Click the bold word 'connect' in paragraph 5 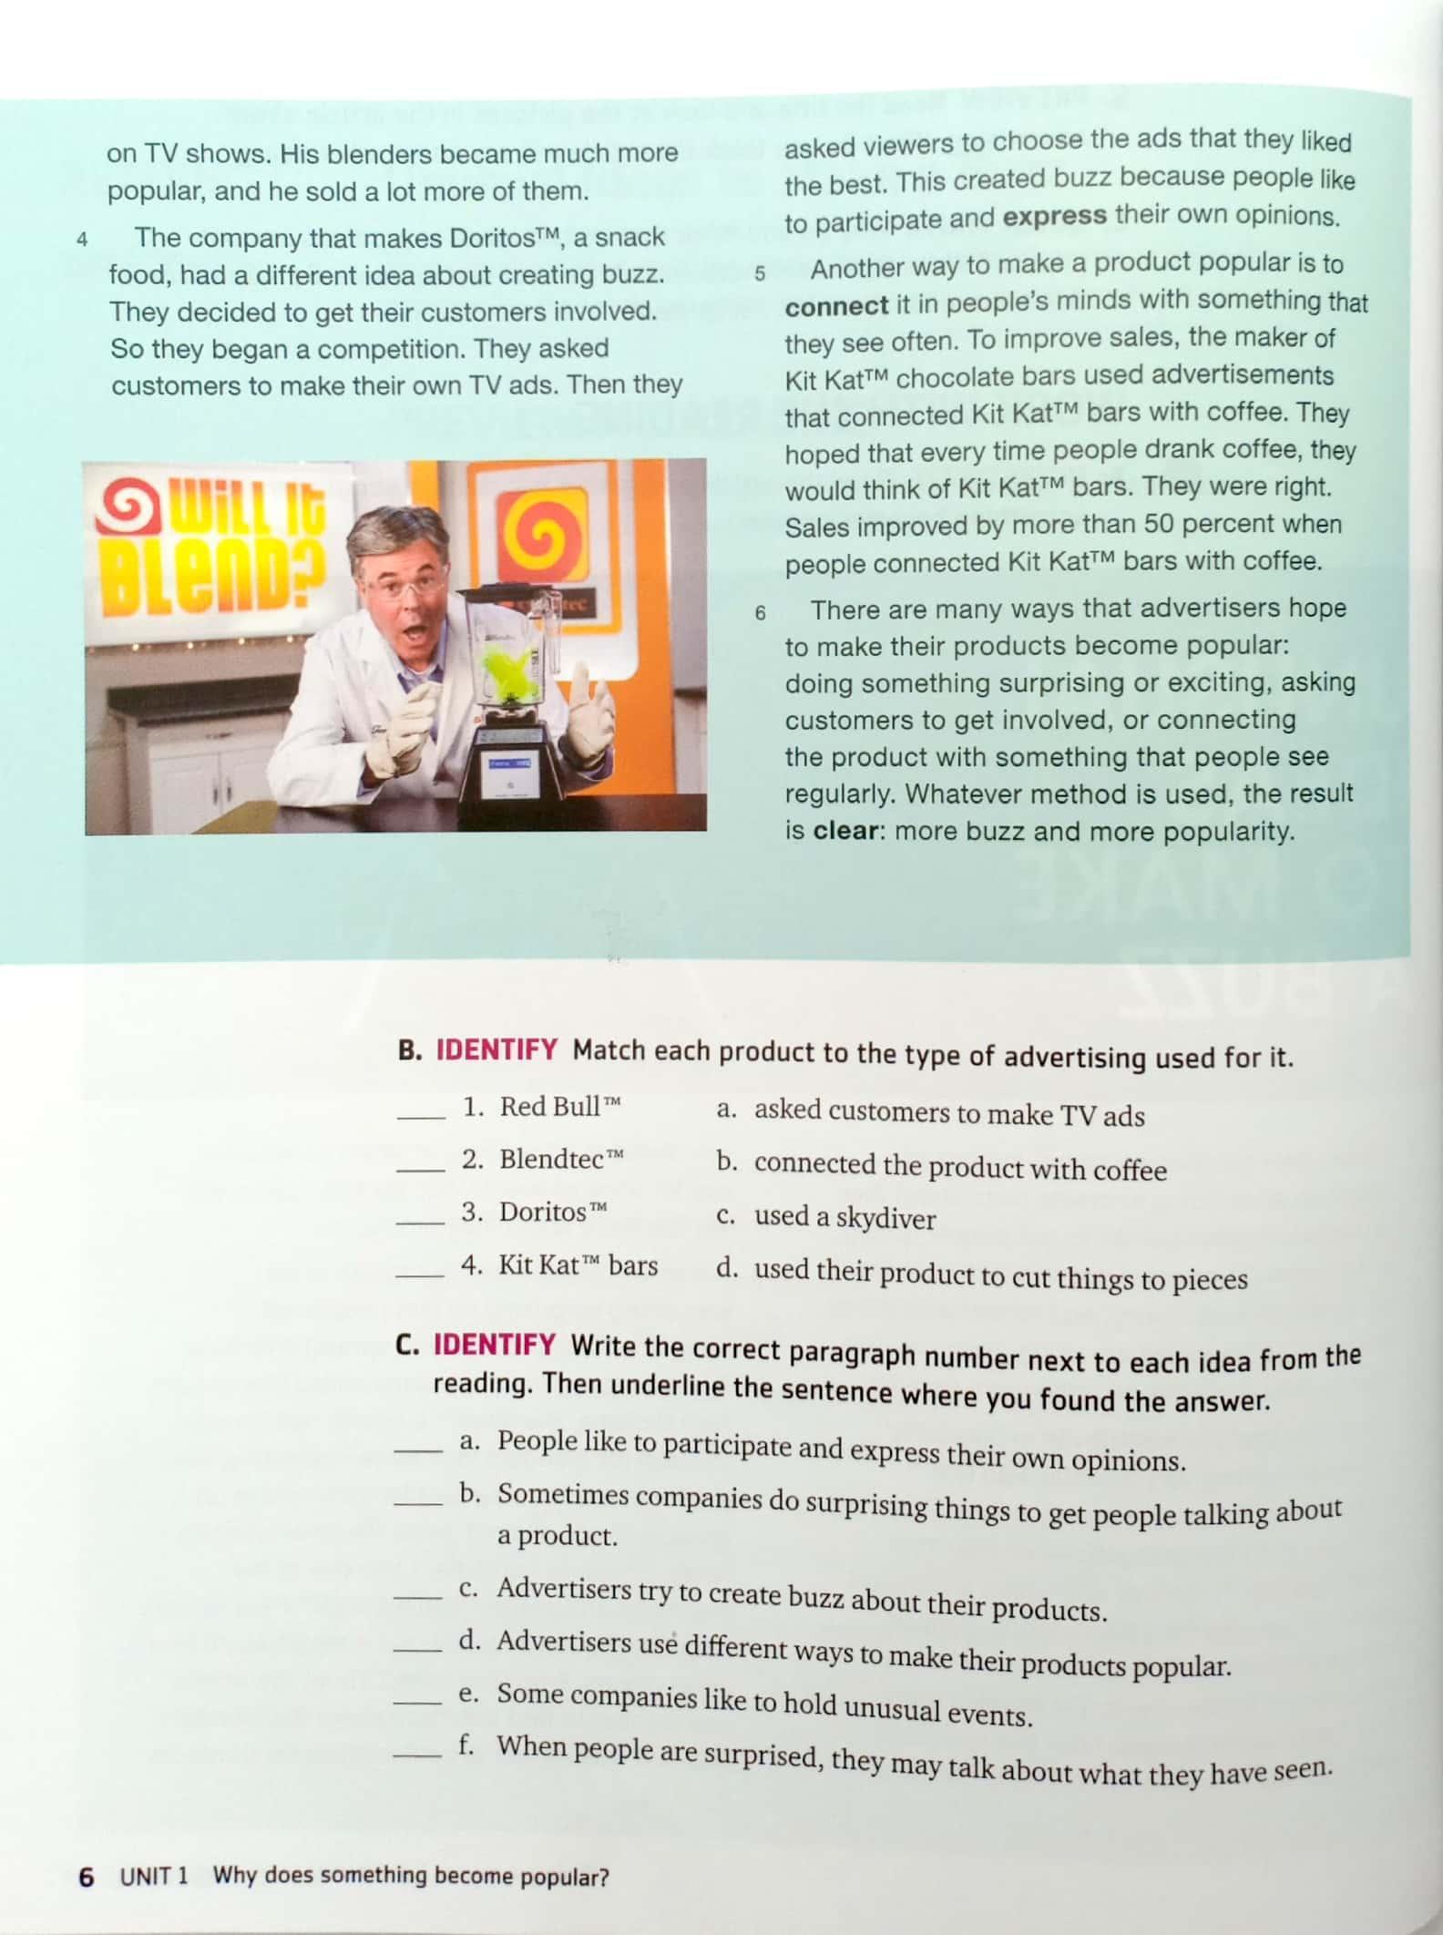coord(836,306)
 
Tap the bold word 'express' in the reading coord(1054,217)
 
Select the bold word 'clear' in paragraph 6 coord(844,831)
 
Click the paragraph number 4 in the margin coord(82,241)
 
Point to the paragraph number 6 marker coord(760,613)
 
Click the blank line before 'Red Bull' coord(421,1118)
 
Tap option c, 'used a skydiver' coord(826,1217)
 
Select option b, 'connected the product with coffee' coord(941,1166)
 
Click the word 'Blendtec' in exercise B coord(551,1159)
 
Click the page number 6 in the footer coord(87,1877)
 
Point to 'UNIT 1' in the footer coord(154,1876)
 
